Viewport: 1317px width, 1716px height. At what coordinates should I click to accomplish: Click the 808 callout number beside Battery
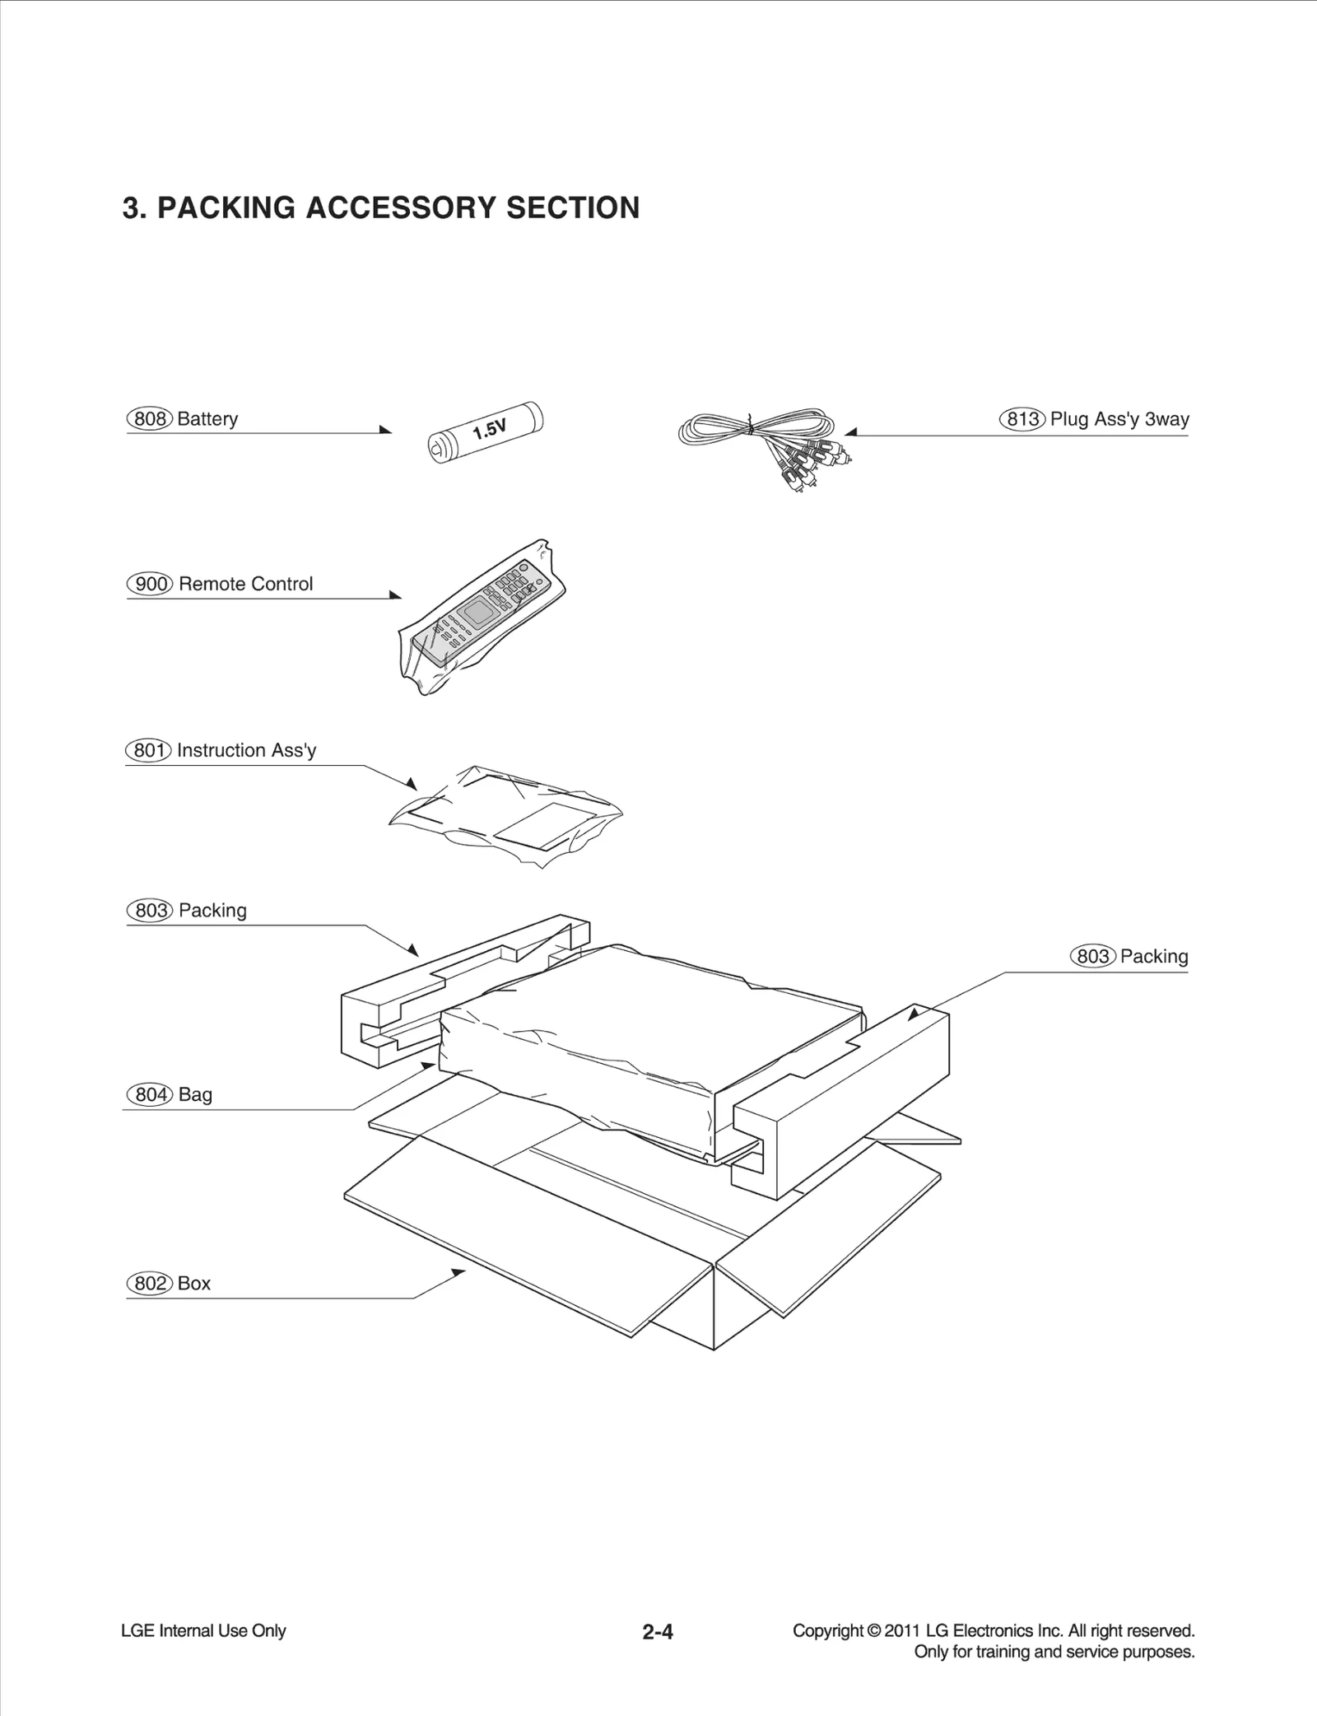[150, 418]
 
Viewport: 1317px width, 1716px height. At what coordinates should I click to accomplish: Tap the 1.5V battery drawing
[486, 432]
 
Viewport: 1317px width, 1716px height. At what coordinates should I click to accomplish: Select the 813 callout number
[1023, 418]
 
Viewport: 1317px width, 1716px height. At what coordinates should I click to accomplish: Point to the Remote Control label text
[245, 584]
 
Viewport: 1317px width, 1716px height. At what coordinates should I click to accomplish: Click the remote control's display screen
[476, 613]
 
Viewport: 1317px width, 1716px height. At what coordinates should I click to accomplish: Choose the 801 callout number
[148, 750]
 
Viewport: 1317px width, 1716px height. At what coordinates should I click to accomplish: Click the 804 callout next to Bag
[150, 1094]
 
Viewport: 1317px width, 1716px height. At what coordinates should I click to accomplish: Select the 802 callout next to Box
[150, 1283]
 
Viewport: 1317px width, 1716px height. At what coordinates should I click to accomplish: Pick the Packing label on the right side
[1153, 956]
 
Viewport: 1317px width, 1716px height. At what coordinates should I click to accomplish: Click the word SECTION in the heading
[572, 208]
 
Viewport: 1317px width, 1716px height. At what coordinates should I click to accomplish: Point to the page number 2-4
[658, 1631]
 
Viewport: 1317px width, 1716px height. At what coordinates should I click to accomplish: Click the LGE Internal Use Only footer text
[203, 1630]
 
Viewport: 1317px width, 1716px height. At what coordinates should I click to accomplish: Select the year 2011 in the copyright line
[901, 1630]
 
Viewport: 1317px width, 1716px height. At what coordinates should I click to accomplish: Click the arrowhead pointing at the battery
[386, 430]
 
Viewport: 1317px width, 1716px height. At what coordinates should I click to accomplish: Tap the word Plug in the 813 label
[1068, 418]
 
